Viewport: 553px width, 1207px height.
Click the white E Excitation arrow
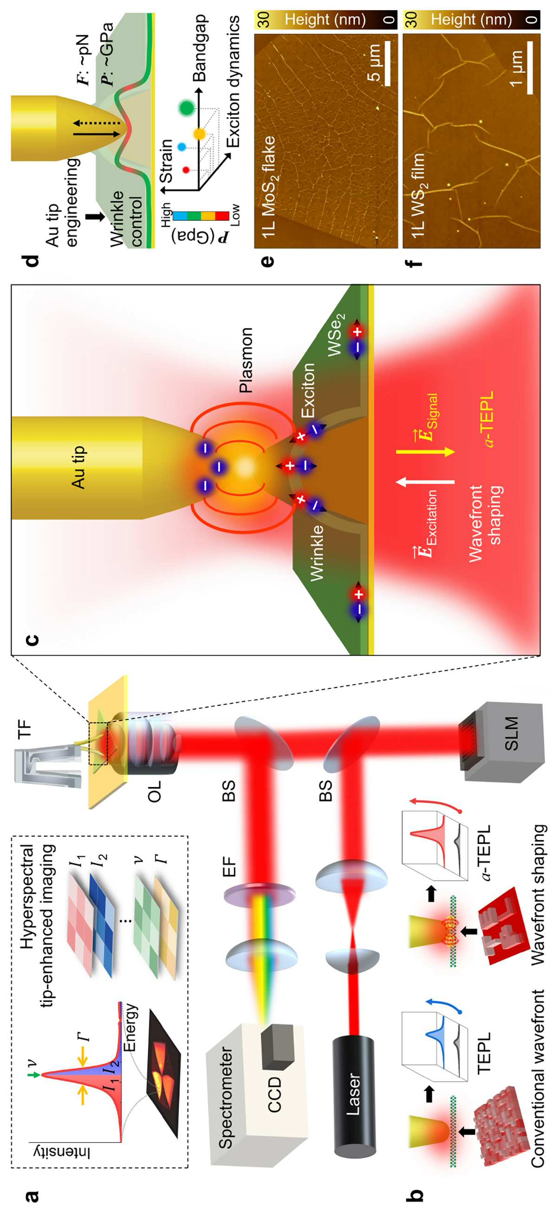[426, 481]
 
